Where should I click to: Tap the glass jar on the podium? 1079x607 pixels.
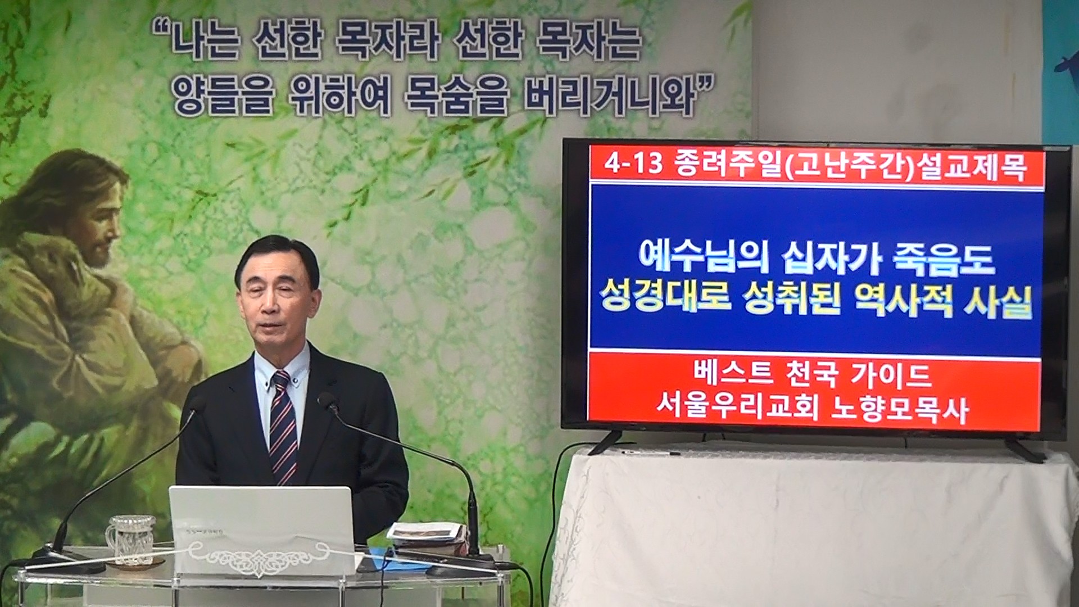pyautogui.click(x=130, y=539)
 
